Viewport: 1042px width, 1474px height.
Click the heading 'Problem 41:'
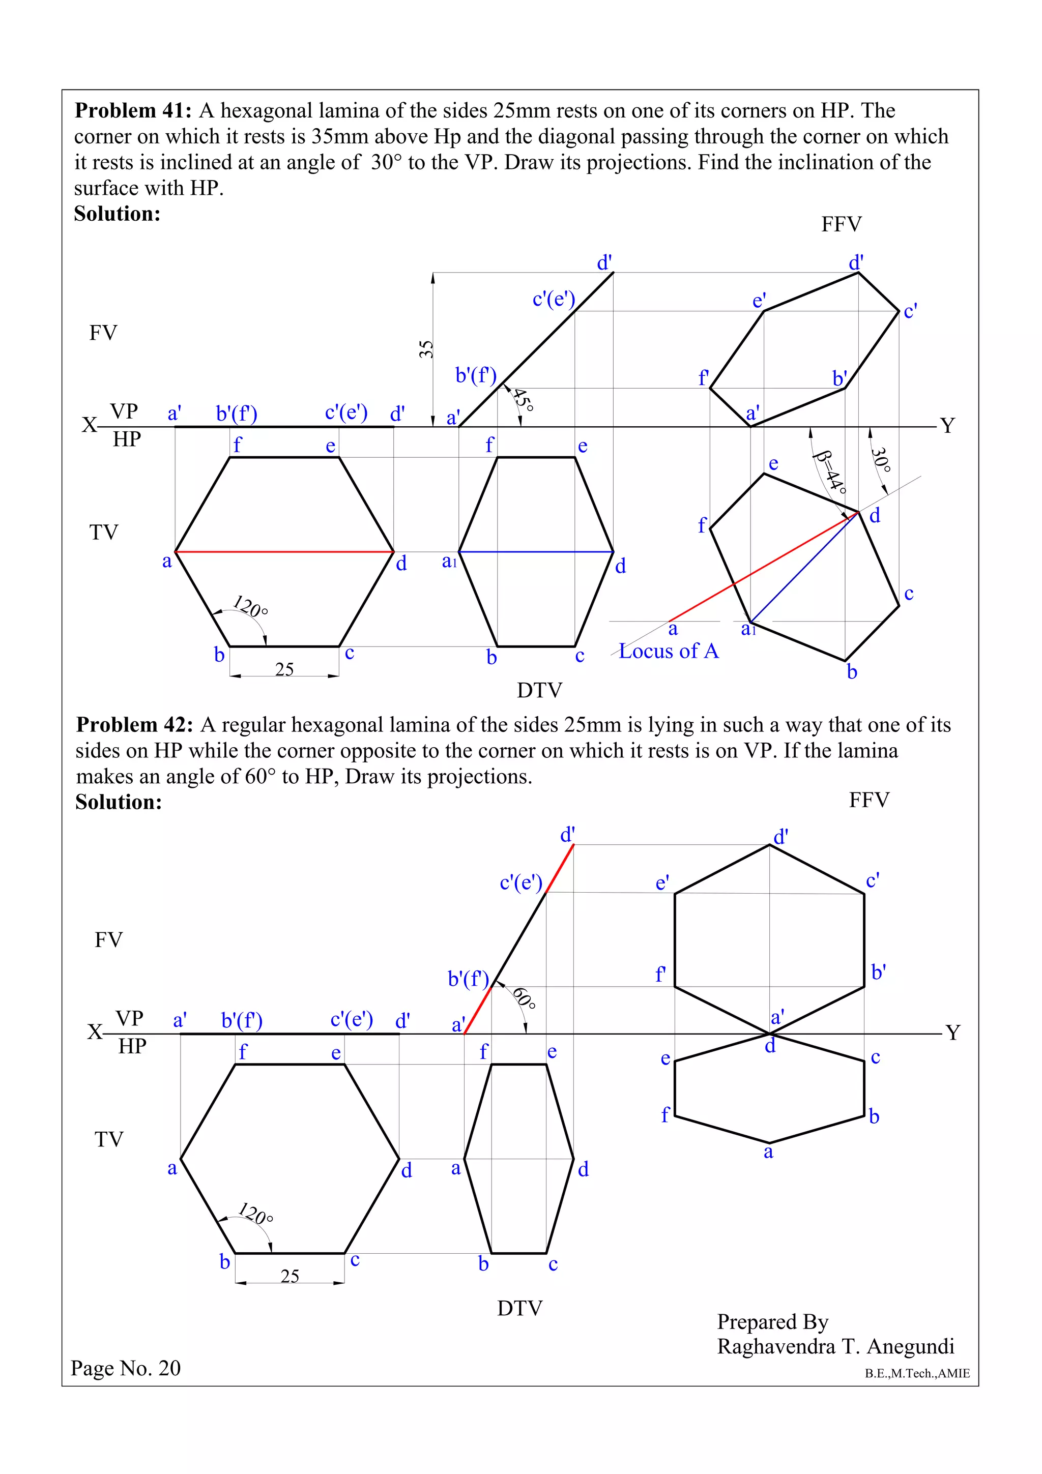click(x=133, y=111)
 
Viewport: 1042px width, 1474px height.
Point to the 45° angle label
click(x=523, y=399)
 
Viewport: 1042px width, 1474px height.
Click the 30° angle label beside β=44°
click(x=881, y=460)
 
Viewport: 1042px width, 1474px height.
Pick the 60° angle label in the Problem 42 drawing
click(x=524, y=998)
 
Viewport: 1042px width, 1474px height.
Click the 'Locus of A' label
click(x=669, y=652)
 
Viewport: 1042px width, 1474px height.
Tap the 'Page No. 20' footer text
click(x=126, y=1368)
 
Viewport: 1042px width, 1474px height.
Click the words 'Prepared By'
click(x=772, y=1322)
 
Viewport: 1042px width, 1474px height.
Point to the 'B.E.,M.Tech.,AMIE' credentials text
click(x=917, y=1373)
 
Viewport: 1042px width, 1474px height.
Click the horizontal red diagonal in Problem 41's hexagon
click(x=284, y=551)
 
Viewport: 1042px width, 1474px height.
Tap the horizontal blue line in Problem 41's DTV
click(x=536, y=551)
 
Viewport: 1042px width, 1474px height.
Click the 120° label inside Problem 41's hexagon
click(x=250, y=606)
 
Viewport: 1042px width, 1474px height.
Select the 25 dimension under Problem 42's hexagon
click(x=290, y=1276)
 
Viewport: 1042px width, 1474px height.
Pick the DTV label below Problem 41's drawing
click(x=539, y=691)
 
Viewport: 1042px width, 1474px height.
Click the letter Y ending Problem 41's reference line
click(x=948, y=426)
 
